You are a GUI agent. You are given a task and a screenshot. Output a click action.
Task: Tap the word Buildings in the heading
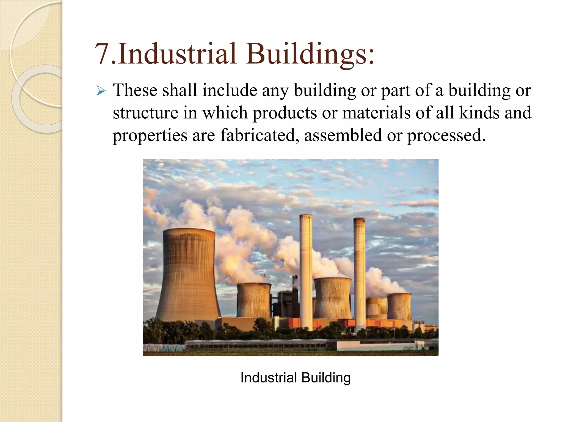point(310,54)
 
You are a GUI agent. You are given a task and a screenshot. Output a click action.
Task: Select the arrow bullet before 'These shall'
point(101,91)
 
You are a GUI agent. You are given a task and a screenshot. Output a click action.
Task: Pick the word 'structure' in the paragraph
point(145,113)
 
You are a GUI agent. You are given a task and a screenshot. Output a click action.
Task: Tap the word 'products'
point(285,113)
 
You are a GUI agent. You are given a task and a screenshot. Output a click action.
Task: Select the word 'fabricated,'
point(260,135)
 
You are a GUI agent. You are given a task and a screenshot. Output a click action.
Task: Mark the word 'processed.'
point(446,136)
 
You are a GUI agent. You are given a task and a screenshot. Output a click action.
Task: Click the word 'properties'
point(150,136)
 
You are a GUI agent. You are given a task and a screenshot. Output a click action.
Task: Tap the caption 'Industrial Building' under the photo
point(296,377)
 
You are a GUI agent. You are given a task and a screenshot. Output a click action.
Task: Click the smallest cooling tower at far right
point(399,306)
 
